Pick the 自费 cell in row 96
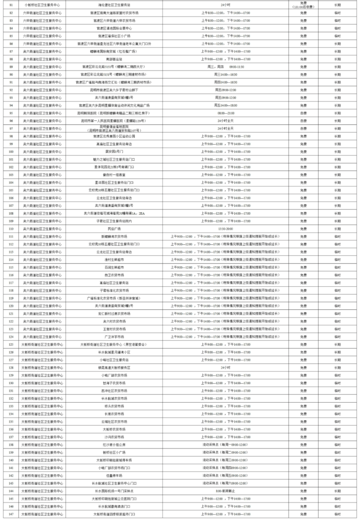point(303,120)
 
